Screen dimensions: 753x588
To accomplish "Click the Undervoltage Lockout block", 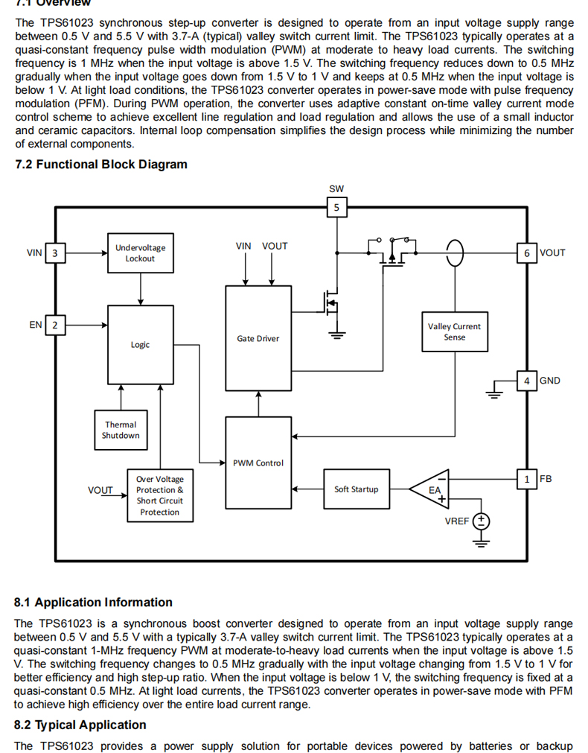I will (x=140, y=252).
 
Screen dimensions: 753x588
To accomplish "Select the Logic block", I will (x=140, y=345).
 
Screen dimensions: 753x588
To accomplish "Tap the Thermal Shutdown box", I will (x=120, y=430).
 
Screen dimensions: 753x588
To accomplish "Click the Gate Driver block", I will (x=258, y=338).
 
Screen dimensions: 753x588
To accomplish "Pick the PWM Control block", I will (x=258, y=463).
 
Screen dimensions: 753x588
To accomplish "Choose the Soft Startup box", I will (x=356, y=489).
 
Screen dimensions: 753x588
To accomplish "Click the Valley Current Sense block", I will (x=454, y=331).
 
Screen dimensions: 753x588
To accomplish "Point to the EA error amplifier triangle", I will (x=433, y=489).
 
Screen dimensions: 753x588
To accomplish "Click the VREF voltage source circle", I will (x=481, y=521).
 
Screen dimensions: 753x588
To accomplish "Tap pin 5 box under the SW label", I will (x=336, y=208).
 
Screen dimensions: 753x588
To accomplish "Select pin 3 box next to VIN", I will (x=54, y=252).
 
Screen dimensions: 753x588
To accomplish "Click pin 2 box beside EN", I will (x=54, y=325).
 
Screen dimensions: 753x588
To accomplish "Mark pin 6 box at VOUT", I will (x=527, y=252).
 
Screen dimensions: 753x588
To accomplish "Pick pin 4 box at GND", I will (x=527, y=381).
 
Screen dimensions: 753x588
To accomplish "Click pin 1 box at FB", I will (x=527, y=479).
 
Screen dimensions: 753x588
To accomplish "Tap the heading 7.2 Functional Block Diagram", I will (x=101, y=165).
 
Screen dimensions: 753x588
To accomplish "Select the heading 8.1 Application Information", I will (x=93, y=603).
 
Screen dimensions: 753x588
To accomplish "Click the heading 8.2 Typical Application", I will (x=80, y=725).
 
